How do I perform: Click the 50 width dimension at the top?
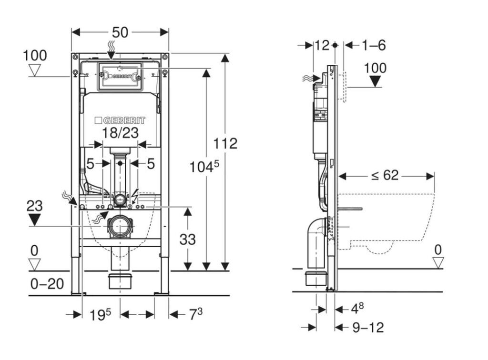click(120, 32)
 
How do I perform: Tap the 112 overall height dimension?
click(225, 143)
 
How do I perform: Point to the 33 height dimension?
click(187, 239)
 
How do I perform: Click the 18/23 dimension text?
click(121, 133)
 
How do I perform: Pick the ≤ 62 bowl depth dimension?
click(385, 175)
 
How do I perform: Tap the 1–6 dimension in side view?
click(373, 45)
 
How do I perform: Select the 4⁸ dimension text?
click(357, 309)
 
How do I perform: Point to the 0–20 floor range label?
click(47, 284)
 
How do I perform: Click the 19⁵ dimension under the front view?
click(101, 314)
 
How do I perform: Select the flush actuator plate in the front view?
click(120, 76)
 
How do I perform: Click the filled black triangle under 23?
click(34, 220)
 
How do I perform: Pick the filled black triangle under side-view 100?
click(376, 81)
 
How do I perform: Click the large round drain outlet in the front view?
click(120, 226)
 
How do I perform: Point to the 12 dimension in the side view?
click(322, 45)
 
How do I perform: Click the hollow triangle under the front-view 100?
click(35, 71)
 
